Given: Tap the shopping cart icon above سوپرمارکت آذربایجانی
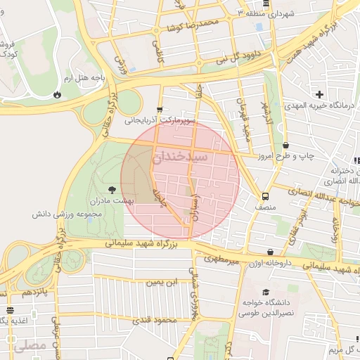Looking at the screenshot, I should coord(160,110).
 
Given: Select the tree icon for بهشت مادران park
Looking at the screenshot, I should coord(112,189).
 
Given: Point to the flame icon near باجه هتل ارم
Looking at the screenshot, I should coord(56,94).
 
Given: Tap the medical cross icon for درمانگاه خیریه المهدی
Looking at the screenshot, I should coord(319,94).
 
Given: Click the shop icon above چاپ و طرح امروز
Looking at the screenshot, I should coord(285,146).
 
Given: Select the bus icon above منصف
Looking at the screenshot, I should coord(265,197).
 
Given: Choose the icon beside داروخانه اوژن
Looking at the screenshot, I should coord(271,252).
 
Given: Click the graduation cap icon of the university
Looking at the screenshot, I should coord(265,292).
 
